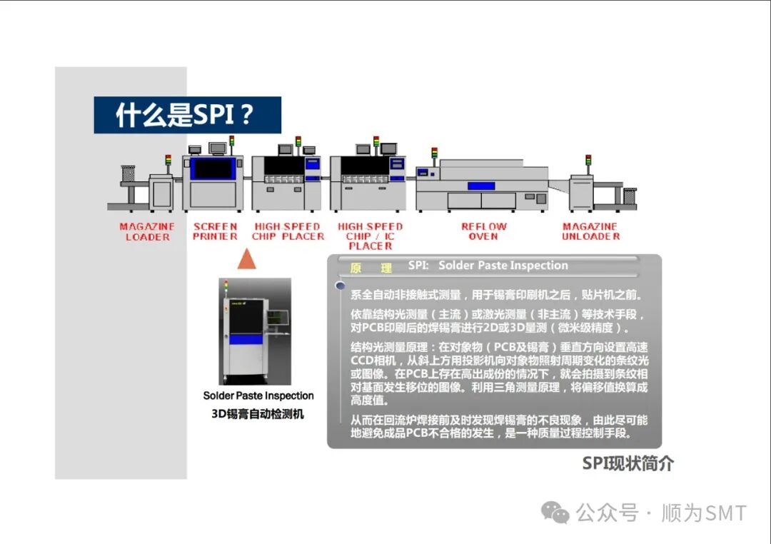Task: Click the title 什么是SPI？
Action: click(x=187, y=115)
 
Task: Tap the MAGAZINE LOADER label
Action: click(x=147, y=231)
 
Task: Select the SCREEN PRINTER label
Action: click(x=215, y=231)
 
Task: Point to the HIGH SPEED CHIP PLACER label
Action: click(x=288, y=231)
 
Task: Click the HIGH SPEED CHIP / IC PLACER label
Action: click(x=370, y=236)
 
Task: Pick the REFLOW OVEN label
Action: click(x=483, y=231)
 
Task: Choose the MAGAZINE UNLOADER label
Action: click(x=590, y=231)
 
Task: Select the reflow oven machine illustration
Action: click(x=482, y=186)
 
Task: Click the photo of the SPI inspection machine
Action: click(x=255, y=331)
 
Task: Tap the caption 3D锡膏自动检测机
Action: click(x=258, y=413)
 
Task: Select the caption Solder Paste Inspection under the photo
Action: click(x=258, y=396)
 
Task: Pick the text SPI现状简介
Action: click(x=628, y=463)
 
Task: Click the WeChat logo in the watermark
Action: click(x=555, y=512)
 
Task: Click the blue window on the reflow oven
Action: click(x=481, y=186)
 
